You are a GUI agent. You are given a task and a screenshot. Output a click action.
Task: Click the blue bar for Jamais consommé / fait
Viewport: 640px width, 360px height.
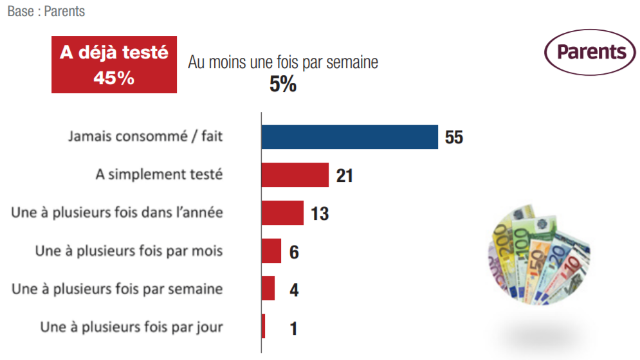349,137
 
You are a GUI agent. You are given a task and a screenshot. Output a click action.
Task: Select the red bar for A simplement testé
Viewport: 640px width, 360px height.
295,175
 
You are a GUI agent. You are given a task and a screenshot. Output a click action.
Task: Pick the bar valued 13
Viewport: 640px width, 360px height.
282,213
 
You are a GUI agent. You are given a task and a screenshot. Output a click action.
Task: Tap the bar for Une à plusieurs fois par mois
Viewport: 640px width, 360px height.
271,251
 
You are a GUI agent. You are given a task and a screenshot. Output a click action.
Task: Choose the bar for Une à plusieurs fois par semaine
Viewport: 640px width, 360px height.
268,289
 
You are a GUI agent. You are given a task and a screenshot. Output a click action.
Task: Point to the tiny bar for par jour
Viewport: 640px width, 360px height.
264,327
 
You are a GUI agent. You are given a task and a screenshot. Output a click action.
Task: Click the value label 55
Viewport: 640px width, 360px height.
453,138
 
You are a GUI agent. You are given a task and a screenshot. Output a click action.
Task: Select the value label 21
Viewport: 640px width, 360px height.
345,175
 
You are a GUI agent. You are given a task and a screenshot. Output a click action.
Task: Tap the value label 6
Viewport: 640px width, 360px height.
294,251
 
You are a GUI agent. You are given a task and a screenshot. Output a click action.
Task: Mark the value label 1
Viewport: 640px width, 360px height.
293,328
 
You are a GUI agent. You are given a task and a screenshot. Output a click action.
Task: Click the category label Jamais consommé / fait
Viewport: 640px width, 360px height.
146,136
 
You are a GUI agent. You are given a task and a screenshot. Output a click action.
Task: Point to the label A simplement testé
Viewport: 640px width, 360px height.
159,174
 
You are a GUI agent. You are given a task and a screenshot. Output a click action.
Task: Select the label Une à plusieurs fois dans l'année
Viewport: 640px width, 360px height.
117,212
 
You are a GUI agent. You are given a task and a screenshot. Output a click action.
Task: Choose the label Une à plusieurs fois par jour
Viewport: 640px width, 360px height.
132,327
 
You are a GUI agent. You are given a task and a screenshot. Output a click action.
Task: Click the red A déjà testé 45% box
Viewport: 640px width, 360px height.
114,65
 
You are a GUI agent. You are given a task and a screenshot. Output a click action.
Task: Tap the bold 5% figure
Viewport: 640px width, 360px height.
282,84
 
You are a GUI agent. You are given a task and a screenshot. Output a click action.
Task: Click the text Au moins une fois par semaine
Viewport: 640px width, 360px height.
283,62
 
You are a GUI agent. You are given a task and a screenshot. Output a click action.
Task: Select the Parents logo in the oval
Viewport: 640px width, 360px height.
589,52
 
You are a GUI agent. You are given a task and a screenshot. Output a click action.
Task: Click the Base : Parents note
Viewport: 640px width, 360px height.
46,12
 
